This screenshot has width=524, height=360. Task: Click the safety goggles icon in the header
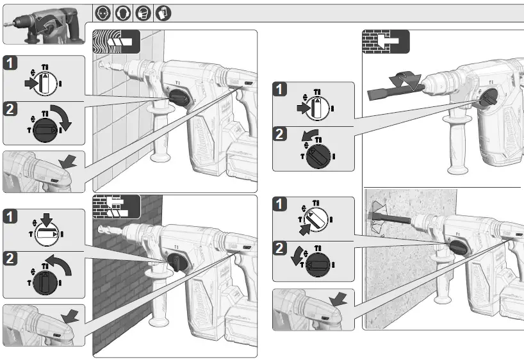tap(102, 12)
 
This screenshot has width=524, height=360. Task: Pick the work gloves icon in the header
tap(163, 12)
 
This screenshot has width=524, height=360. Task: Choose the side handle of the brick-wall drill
tap(158, 301)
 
